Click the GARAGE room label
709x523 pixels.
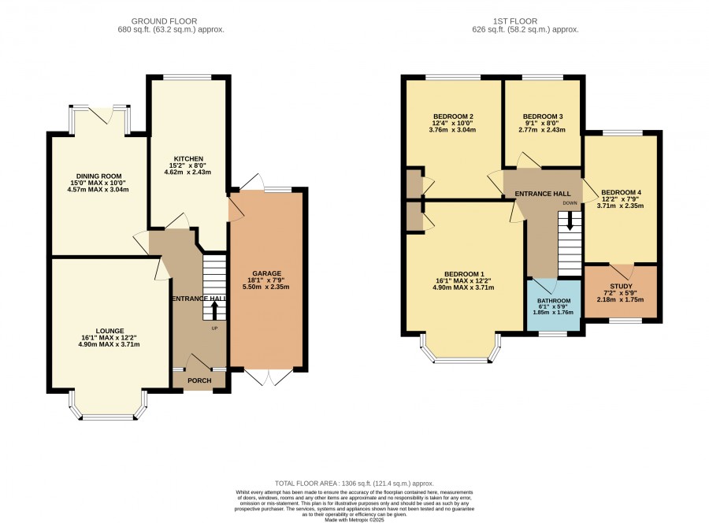[x=267, y=273]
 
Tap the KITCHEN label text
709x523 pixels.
[x=188, y=158]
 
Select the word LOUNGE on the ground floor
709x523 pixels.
[x=110, y=331]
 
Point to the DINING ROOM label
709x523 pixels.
[x=98, y=176]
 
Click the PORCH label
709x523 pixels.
[x=199, y=380]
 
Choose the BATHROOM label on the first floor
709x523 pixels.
[x=554, y=301]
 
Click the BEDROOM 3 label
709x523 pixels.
[x=543, y=117]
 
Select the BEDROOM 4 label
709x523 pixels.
[x=621, y=192]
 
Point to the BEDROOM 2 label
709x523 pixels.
[x=453, y=117]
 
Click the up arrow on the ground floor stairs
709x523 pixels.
[x=214, y=310]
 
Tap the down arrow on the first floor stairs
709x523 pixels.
[x=570, y=221]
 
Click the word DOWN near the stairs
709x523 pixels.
[x=570, y=203]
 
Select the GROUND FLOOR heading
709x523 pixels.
[x=164, y=21]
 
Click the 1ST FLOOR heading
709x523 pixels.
[x=515, y=21]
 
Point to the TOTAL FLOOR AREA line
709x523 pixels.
[x=354, y=483]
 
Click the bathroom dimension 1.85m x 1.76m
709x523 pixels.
[x=554, y=313]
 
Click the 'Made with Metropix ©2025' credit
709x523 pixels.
[x=354, y=520]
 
